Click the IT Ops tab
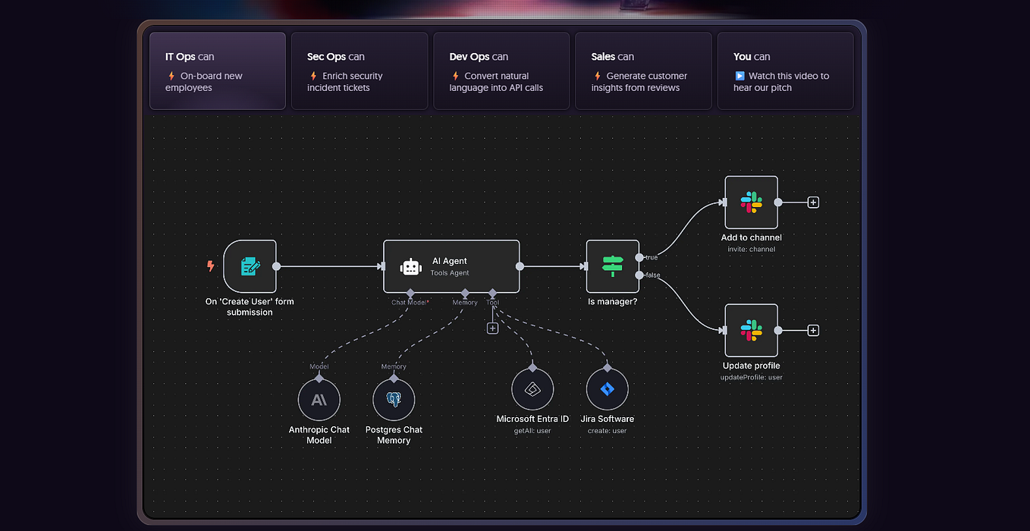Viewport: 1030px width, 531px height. point(217,71)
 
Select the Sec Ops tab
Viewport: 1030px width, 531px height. point(359,71)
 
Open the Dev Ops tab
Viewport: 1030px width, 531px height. point(501,71)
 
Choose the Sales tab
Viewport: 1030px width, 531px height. point(642,71)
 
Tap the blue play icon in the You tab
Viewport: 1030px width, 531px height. point(740,76)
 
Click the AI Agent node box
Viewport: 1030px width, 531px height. point(451,266)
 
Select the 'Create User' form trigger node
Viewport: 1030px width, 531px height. point(250,266)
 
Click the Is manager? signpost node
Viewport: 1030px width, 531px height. point(612,266)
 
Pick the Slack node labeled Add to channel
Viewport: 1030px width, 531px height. point(751,203)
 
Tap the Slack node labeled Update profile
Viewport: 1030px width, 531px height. point(751,330)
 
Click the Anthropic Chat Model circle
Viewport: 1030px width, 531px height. point(319,400)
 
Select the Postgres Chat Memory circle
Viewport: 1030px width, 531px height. point(394,400)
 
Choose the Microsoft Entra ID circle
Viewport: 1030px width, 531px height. point(532,390)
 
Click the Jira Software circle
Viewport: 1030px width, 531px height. point(607,390)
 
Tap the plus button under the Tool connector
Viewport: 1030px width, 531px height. point(492,328)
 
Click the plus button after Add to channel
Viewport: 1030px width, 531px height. point(813,203)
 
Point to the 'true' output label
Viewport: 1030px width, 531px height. point(651,258)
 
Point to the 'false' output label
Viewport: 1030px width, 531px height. point(652,275)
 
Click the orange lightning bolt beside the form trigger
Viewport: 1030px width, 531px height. point(211,266)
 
